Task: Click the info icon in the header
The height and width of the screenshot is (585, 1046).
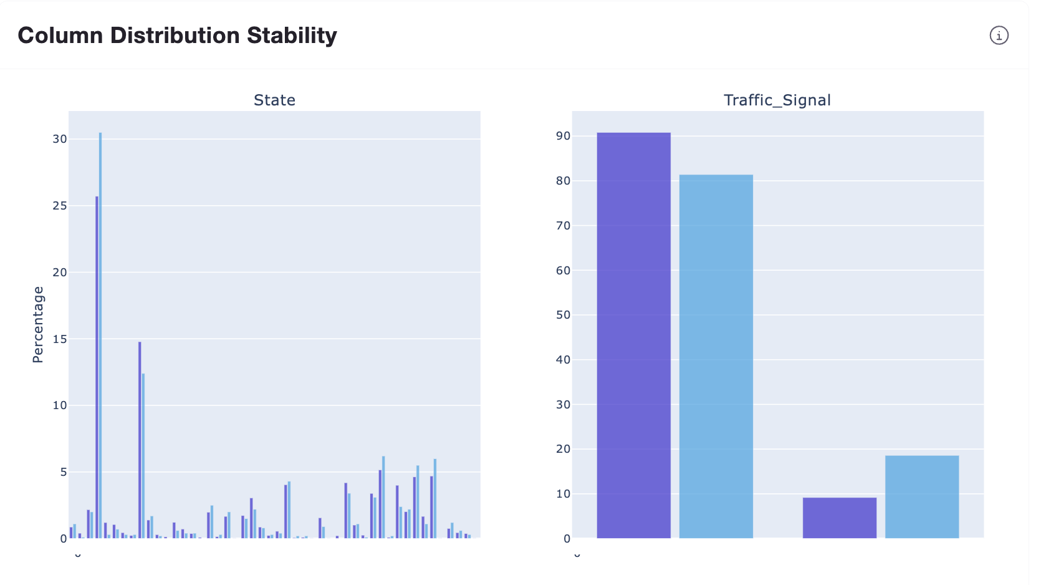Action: coord(999,36)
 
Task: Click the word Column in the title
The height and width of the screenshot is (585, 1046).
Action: coord(60,36)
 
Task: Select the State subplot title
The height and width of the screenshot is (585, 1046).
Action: coord(274,100)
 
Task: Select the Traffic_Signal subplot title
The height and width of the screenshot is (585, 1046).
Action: coord(777,100)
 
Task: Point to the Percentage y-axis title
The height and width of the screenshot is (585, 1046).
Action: coord(38,324)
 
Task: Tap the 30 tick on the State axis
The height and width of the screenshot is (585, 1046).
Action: coord(60,139)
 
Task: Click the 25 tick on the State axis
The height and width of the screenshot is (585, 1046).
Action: coord(60,206)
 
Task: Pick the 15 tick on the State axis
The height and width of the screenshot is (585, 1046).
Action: coord(60,339)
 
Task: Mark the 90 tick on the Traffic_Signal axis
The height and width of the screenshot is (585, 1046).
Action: coord(563,136)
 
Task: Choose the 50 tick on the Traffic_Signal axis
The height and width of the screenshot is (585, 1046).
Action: coord(563,315)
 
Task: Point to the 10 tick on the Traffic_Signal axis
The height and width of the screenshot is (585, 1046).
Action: coord(563,494)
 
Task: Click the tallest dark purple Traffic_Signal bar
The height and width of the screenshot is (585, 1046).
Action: coord(633,337)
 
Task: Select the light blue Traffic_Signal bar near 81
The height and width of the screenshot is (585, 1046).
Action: coord(716,355)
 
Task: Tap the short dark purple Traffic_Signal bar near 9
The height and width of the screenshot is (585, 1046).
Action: coord(839,518)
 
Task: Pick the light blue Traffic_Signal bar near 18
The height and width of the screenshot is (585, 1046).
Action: coord(921,497)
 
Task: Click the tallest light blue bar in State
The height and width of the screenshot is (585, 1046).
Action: coord(100,337)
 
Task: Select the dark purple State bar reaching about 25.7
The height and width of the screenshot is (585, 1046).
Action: coord(97,368)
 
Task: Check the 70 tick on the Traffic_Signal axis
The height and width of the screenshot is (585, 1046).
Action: coord(563,226)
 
